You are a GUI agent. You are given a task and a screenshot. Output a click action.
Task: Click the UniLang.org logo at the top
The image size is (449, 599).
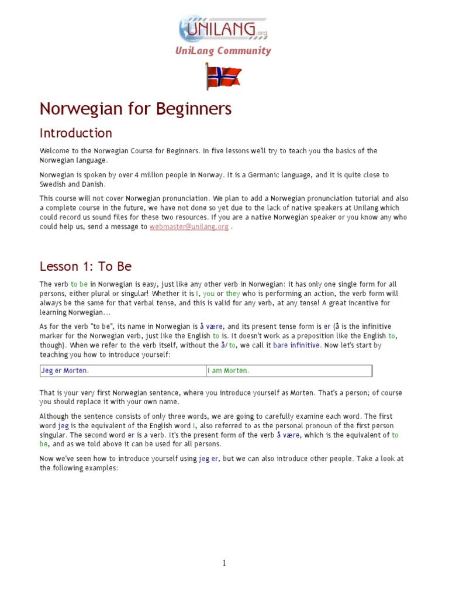click(x=223, y=27)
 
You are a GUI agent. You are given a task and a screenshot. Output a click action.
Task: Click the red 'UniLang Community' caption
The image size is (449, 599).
click(x=223, y=51)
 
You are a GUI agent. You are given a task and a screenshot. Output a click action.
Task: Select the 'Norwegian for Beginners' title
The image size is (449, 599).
click(x=135, y=109)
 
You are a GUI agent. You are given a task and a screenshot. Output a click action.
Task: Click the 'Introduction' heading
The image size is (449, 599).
click(x=75, y=133)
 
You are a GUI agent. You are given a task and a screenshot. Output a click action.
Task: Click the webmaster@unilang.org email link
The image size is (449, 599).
click(x=189, y=226)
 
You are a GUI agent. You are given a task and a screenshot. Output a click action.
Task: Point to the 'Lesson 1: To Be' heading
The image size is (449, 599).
click(x=85, y=267)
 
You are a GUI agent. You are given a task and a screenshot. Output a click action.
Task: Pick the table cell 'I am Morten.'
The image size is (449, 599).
click(x=228, y=371)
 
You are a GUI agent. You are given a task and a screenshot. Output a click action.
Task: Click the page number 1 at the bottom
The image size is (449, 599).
click(x=224, y=563)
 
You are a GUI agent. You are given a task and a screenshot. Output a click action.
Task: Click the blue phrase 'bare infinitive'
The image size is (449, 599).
click(x=296, y=345)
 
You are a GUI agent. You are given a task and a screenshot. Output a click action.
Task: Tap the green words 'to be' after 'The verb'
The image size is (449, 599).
click(x=79, y=283)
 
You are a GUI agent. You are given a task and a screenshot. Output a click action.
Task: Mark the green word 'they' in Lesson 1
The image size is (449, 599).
click(x=233, y=293)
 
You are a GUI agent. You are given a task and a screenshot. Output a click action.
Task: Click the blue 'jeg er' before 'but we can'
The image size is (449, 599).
click(x=208, y=459)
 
